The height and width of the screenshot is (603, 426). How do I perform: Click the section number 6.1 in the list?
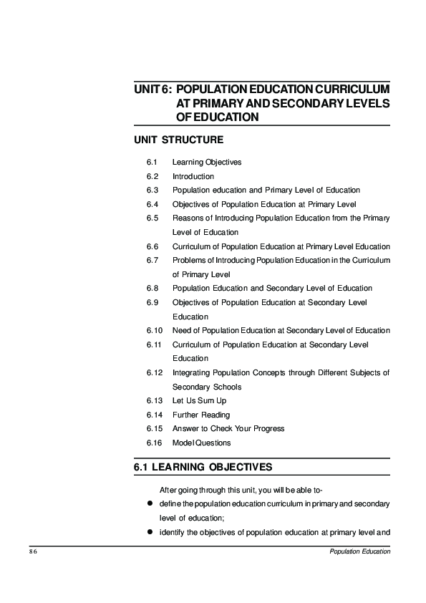[151, 162]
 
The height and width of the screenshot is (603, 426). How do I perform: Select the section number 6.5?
[151, 218]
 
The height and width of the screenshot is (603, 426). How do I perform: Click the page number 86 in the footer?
[33, 552]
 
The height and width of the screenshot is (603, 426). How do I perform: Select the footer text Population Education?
[359, 552]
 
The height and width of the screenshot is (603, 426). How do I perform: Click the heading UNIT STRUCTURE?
[178, 139]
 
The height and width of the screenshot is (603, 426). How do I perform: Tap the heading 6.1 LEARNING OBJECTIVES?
[203, 468]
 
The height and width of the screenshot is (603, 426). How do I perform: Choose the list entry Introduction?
[193, 176]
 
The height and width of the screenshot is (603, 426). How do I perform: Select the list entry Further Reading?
[200, 415]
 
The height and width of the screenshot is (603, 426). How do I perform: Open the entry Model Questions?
[201, 443]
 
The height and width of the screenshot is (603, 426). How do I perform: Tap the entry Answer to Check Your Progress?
[228, 428]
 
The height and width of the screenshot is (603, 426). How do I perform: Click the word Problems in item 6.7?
[188, 260]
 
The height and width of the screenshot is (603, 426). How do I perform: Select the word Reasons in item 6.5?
[186, 218]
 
